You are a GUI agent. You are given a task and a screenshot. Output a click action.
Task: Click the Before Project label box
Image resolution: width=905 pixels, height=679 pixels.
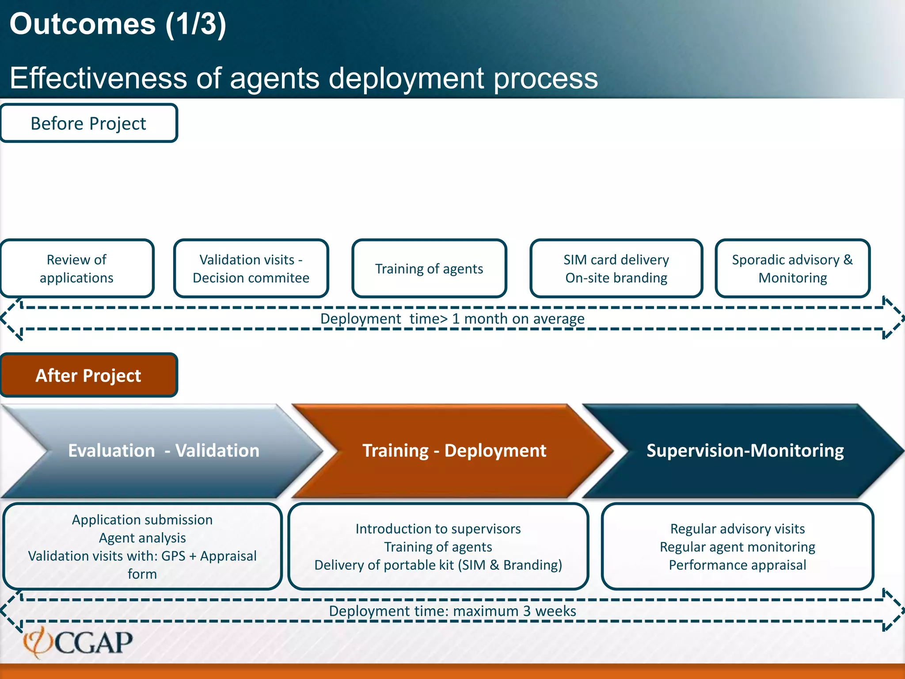click(88, 123)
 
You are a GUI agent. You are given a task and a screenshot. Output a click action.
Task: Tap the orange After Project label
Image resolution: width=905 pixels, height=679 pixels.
click(88, 375)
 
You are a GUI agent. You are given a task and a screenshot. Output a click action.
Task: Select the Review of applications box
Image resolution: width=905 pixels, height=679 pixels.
click(76, 268)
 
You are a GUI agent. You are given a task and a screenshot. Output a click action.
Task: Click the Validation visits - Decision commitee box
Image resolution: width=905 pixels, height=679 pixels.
click(251, 268)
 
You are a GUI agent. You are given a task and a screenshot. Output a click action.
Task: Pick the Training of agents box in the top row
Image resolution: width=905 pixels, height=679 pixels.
click(429, 268)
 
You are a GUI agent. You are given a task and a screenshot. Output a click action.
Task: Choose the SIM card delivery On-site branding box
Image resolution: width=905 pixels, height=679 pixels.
click(616, 268)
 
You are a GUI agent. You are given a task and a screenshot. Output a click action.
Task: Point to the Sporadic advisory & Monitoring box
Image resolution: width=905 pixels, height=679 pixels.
click(792, 268)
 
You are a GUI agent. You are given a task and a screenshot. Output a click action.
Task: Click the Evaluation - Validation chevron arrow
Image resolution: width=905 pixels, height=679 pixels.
click(164, 450)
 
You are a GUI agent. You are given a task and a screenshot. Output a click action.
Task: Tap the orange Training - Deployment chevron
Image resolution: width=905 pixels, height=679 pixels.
click(454, 450)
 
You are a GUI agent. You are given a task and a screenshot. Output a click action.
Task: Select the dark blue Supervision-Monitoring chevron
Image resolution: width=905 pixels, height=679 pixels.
click(745, 450)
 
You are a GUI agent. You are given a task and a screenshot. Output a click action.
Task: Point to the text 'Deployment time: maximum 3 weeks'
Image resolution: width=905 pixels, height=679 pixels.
click(452, 611)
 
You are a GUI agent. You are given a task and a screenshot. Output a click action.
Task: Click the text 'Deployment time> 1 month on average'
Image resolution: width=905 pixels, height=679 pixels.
click(452, 318)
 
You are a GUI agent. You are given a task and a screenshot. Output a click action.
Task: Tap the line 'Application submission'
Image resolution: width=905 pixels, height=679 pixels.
click(142, 519)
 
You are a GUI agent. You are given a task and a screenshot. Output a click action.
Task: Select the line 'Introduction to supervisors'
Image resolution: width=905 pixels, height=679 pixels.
click(438, 529)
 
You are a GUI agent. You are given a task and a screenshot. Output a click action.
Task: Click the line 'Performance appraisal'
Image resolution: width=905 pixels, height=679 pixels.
click(737, 565)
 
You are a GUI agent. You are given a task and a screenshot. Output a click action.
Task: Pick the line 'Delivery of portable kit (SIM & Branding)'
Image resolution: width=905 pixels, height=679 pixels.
click(438, 565)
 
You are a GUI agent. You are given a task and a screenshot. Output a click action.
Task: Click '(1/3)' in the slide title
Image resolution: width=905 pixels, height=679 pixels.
click(196, 24)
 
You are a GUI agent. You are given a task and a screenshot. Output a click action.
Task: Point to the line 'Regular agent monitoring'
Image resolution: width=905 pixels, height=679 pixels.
click(737, 547)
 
